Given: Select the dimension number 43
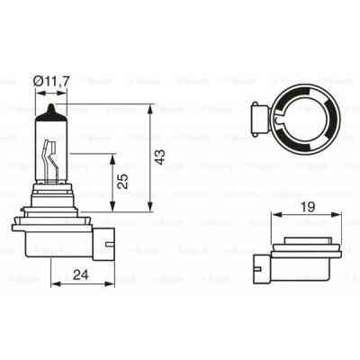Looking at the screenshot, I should coord(160,158).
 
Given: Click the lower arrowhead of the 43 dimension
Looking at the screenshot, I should coord(148,211).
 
